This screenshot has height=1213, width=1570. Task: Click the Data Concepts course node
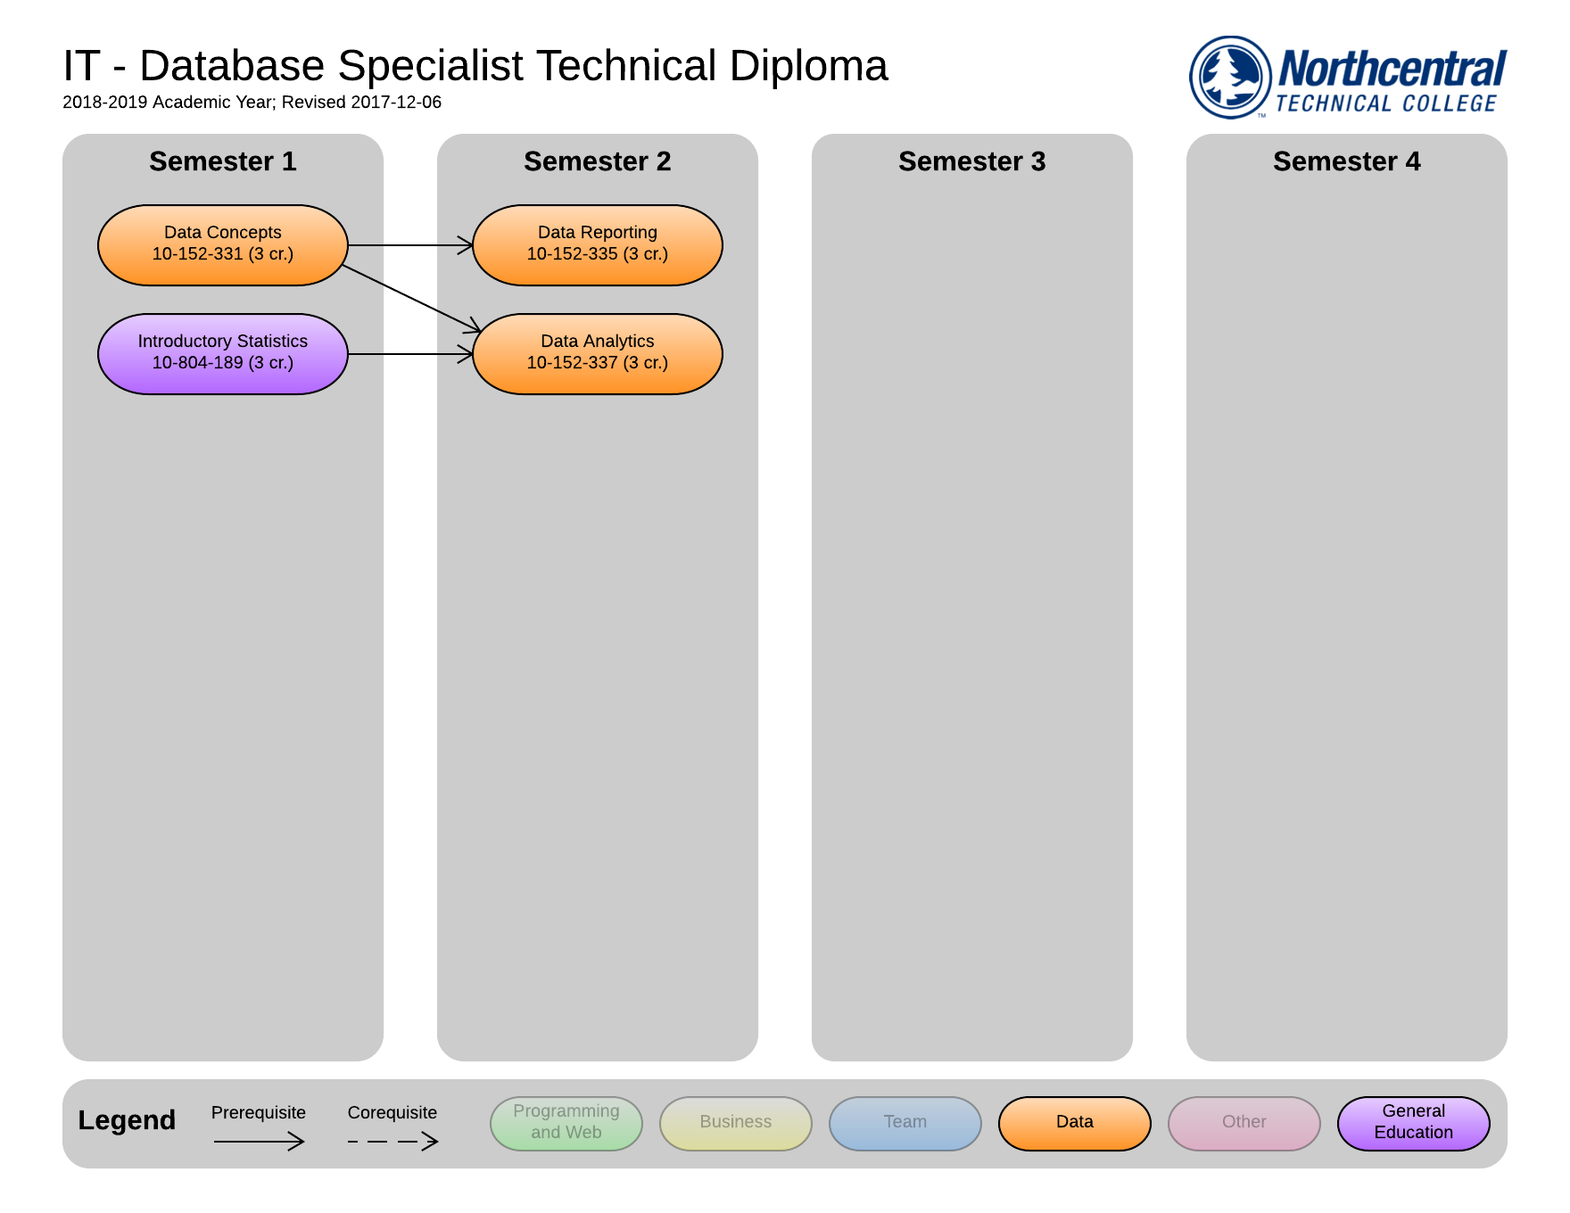pyautogui.click(x=223, y=245)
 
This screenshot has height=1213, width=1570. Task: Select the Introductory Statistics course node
pyautogui.click(x=223, y=354)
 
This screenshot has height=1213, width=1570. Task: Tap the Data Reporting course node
pyautogui.click(x=598, y=245)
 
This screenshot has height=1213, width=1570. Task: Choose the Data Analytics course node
pyautogui.click(x=598, y=354)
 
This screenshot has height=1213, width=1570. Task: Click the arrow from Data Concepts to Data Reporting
pyautogui.click(x=410, y=245)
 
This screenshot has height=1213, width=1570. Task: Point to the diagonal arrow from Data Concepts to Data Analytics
pyautogui.click(x=411, y=299)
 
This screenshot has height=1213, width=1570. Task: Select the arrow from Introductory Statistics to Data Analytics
pyautogui.click(x=410, y=354)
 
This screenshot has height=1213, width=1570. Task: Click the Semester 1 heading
pyautogui.click(x=223, y=161)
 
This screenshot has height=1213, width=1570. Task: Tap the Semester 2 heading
pyautogui.click(x=598, y=161)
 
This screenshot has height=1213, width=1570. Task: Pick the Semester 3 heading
pyautogui.click(x=972, y=161)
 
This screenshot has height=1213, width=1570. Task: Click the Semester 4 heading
pyautogui.click(x=1347, y=161)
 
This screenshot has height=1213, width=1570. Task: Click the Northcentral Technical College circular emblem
pyautogui.click(x=1231, y=77)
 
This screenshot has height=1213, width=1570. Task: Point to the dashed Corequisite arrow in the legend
pyautogui.click(x=393, y=1142)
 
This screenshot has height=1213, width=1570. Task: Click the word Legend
pyautogui.click(x=127, y=1120)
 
